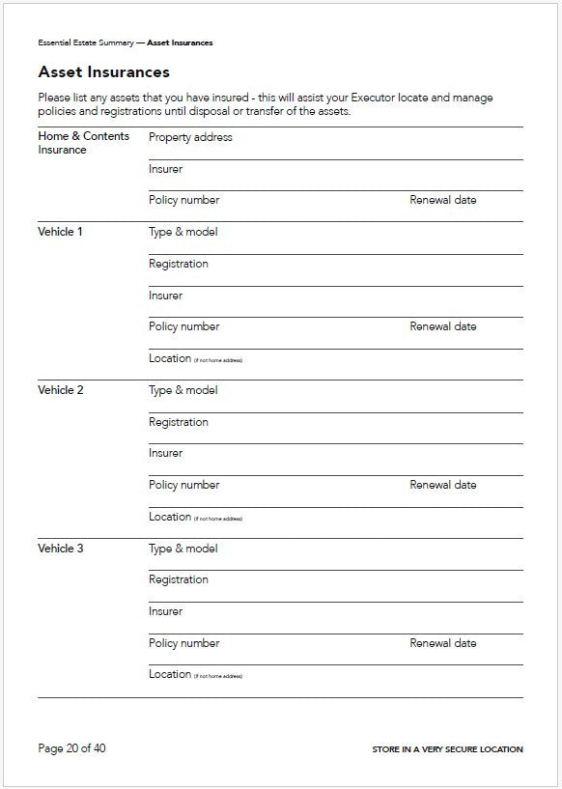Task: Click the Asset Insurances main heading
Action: pos(103,72)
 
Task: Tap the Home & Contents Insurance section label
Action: pos(83,143)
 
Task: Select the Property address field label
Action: pos(190,137)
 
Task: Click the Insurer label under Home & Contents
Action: pos(165,169)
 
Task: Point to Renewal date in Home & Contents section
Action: pos(442,200)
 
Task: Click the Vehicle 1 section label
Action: pos(60,232)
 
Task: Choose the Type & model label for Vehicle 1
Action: pos(183,232)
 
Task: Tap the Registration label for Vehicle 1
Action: pos(178,264)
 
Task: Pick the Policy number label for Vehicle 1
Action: pos(183,326)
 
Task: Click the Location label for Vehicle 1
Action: pos(170,358)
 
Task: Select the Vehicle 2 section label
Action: pos(60,390)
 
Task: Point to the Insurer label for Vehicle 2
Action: pos(165,453)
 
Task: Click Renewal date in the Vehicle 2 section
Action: pos(442,485)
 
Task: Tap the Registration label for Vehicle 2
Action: pos(178,422)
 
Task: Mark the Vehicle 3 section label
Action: pos(60,549)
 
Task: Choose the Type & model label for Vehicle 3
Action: pos(183,549)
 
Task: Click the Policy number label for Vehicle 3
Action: pos(183,643)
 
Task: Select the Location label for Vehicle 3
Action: pos(170,674)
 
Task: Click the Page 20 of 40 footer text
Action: pos(71,748)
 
